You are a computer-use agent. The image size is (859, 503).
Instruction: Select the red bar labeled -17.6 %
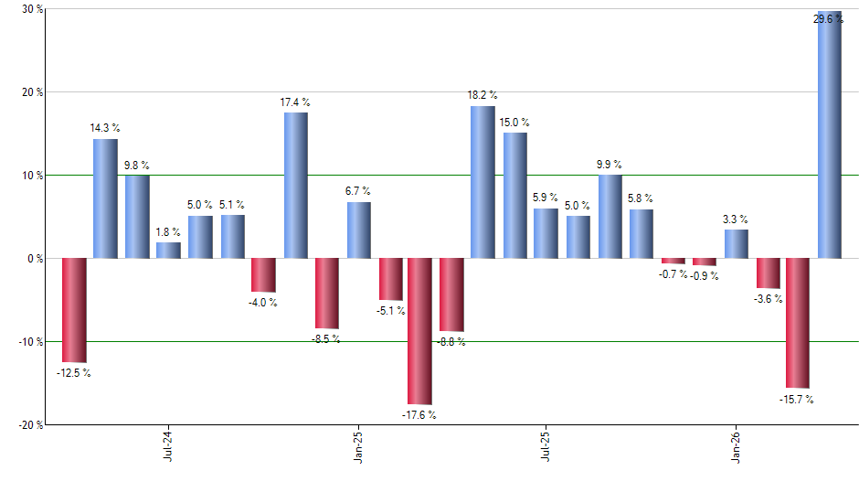point(419,331)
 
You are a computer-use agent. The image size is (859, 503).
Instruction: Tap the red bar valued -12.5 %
point(74,310)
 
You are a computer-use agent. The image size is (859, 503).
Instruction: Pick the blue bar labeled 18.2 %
point(483,182)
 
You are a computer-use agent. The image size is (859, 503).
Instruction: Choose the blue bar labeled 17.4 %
point(295,186)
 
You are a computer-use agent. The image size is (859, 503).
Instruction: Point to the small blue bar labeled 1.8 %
point(168,251)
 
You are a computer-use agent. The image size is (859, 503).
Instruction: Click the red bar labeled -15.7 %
point(797,323)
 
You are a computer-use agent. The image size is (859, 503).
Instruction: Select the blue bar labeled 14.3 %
point(105,198)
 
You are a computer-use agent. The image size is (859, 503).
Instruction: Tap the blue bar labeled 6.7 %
point(358,230)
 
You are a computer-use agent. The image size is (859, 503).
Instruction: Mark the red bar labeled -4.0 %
point(263,275)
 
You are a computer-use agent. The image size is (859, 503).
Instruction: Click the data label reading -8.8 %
point(451,342)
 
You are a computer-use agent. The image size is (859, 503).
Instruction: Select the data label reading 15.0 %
point(514,123)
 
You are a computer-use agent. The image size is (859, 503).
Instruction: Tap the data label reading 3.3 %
point(736,219)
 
